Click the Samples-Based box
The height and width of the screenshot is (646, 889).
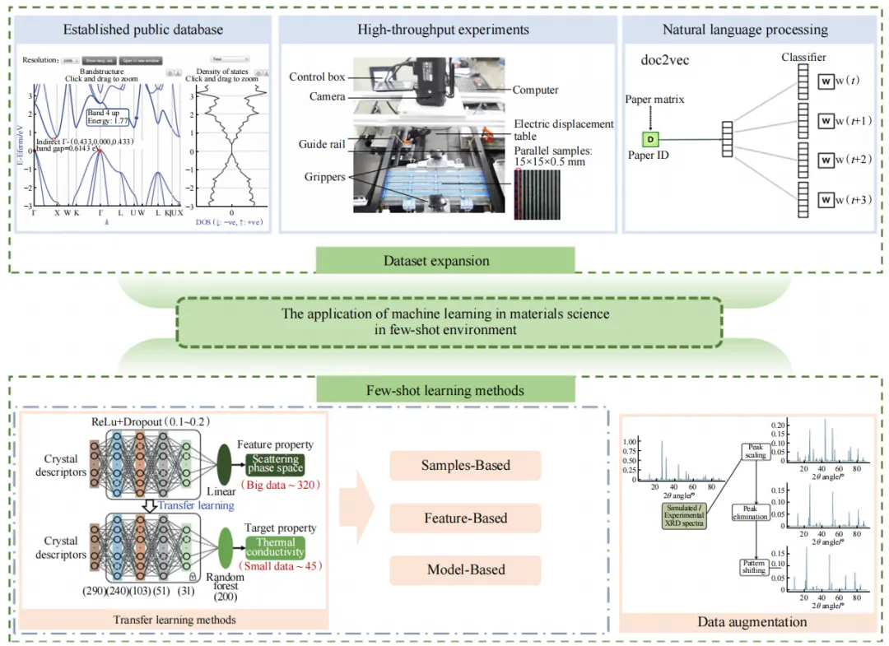[x=465, y=465]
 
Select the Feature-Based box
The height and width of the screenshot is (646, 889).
[x=465, y=518]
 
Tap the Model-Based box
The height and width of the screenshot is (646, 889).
[x=465, y=569]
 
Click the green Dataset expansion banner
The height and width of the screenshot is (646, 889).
[x=436, y=261]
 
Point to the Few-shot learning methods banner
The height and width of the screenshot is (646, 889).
[x=445, y=390]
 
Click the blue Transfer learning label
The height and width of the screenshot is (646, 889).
[x=197, y=506]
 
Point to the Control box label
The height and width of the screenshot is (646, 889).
[x=317, y=77]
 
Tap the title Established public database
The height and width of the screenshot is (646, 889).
[x=143, y=30]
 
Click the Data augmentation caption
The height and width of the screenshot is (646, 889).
[x=752, y=622]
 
